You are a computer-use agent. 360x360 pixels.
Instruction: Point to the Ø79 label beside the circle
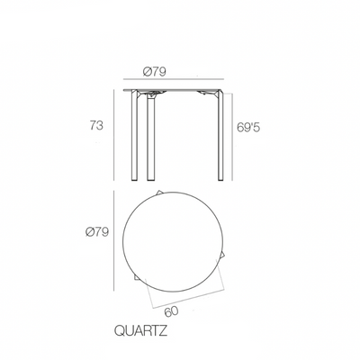[96, 232]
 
